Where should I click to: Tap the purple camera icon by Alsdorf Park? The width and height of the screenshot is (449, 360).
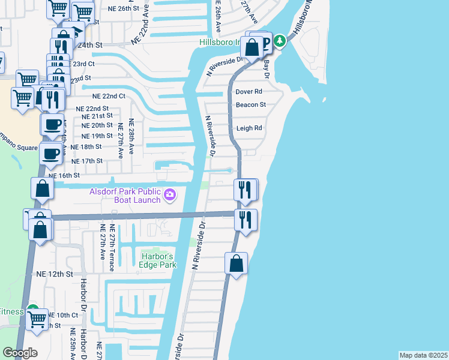[x=170, y=194]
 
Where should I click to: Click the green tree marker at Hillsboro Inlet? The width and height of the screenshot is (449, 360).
[x=279, y=41]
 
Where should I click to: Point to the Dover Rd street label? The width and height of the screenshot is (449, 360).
[x=249, y=92]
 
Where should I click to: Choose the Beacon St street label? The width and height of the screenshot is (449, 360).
[x=250, y=104]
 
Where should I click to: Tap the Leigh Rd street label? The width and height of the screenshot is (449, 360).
[x=249, y=128]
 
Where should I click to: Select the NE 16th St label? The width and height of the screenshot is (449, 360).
[x=64, y=176]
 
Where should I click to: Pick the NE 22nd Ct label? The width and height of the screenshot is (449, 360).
[x=109, y=96]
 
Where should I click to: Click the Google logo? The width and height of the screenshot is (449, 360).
[x=20, y=353]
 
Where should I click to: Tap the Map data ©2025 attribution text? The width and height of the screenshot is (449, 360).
[x=423, y=355]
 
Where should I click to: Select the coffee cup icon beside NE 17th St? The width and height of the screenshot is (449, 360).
[x=50, y=154]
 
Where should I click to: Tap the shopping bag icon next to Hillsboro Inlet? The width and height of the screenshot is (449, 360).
[x=252, y=47]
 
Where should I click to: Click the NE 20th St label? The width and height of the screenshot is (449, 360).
[x=97, y=125]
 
